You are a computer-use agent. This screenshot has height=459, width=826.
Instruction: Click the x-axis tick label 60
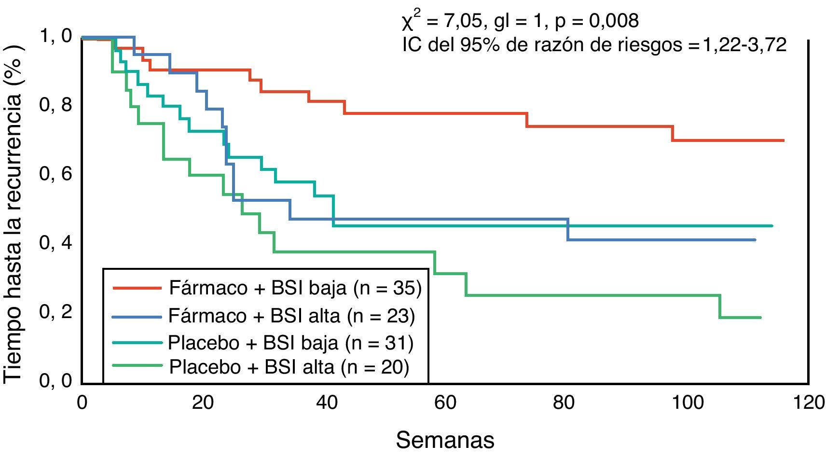(445, 402)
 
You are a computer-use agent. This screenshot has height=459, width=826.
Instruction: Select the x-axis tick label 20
(202, 402)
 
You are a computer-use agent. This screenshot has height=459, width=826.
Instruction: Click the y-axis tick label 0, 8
(55, 105)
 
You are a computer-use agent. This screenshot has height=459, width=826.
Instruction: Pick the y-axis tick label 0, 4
(55, 243)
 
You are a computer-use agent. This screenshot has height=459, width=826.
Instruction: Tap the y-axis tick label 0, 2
(55, 312)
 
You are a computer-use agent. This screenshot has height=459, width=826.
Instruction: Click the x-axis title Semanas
(445, 440)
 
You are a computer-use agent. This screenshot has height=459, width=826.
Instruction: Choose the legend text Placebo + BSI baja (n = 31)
(290, 343)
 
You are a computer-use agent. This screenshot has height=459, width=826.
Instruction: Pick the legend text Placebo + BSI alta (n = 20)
(289, 367)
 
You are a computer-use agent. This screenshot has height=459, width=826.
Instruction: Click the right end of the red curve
(783, 140)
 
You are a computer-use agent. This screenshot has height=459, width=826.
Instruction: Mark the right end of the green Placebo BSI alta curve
(760, 317)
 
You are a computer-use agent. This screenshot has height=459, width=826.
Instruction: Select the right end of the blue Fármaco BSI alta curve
(755, 240)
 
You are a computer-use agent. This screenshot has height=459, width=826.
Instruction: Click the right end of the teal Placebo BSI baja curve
(771, 226)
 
